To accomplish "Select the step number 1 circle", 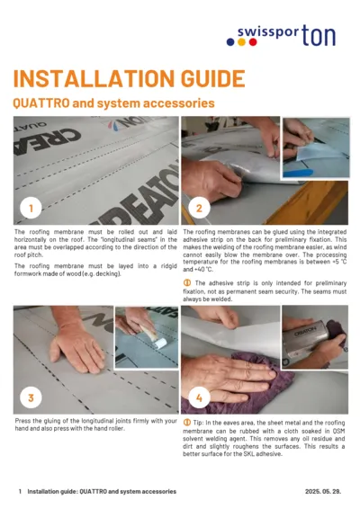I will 31,209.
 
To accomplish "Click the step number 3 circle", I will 31,397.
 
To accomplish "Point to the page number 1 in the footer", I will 20,492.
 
